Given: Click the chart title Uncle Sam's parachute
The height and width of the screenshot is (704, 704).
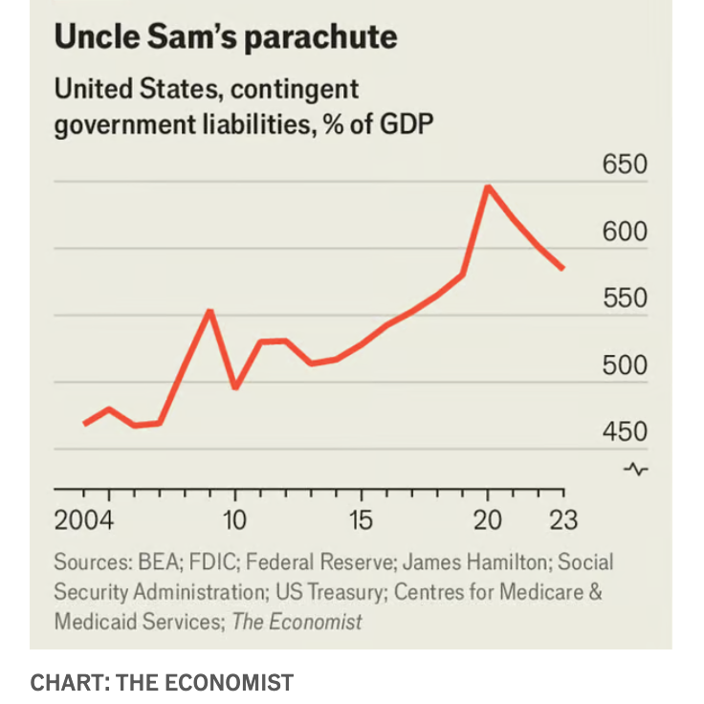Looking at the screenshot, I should coord(225,38).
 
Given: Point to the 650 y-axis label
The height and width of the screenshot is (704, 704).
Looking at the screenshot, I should coord(625,165).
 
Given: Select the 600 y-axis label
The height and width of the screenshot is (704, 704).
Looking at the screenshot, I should coord(625,232).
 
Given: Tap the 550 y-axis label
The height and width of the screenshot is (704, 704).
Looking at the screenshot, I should coord(625,299).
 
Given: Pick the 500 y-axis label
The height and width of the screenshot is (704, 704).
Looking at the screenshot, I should coord(625,366).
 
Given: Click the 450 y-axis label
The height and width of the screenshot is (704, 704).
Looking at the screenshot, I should coord(625,432).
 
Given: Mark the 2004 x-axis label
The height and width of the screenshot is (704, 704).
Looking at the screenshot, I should coord(84,521).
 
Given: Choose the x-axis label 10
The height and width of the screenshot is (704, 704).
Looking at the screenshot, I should coord(234,521).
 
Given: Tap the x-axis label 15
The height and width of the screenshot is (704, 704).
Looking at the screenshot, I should coord(361,521).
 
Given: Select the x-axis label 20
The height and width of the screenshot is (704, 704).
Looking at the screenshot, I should coord(488,521).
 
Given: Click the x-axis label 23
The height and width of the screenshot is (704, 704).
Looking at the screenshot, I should coord(563,521).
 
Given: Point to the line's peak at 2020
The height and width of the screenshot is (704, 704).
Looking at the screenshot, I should coord(488,187).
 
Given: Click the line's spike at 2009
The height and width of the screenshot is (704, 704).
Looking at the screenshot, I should coord(210,311).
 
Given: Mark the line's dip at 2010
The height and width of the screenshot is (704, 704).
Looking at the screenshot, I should coord(235,387).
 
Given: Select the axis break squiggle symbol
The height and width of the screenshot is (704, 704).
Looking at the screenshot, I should coord(635,469).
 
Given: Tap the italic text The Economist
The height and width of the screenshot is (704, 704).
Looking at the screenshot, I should coord(297,622).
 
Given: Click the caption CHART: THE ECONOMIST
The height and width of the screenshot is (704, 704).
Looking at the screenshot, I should coord(162,682).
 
